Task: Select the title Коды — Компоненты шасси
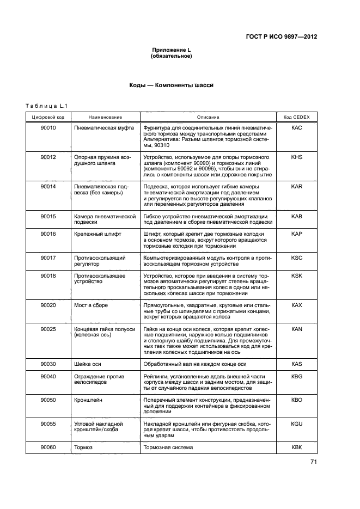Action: click(171, 85)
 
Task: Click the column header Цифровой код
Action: click(48, 117)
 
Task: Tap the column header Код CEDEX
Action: click(296, 117)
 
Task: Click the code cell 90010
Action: click(48, 127)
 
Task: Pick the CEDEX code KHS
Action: click(296, 157)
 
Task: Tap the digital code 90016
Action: click(48, 234)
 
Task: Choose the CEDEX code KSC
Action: click(296, 257)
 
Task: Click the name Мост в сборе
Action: click(91, 305)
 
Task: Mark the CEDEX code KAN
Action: click(296, 329)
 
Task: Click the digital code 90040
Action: click(48, 376)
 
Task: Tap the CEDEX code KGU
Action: click(296, 424)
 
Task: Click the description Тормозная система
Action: click(168, 447)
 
